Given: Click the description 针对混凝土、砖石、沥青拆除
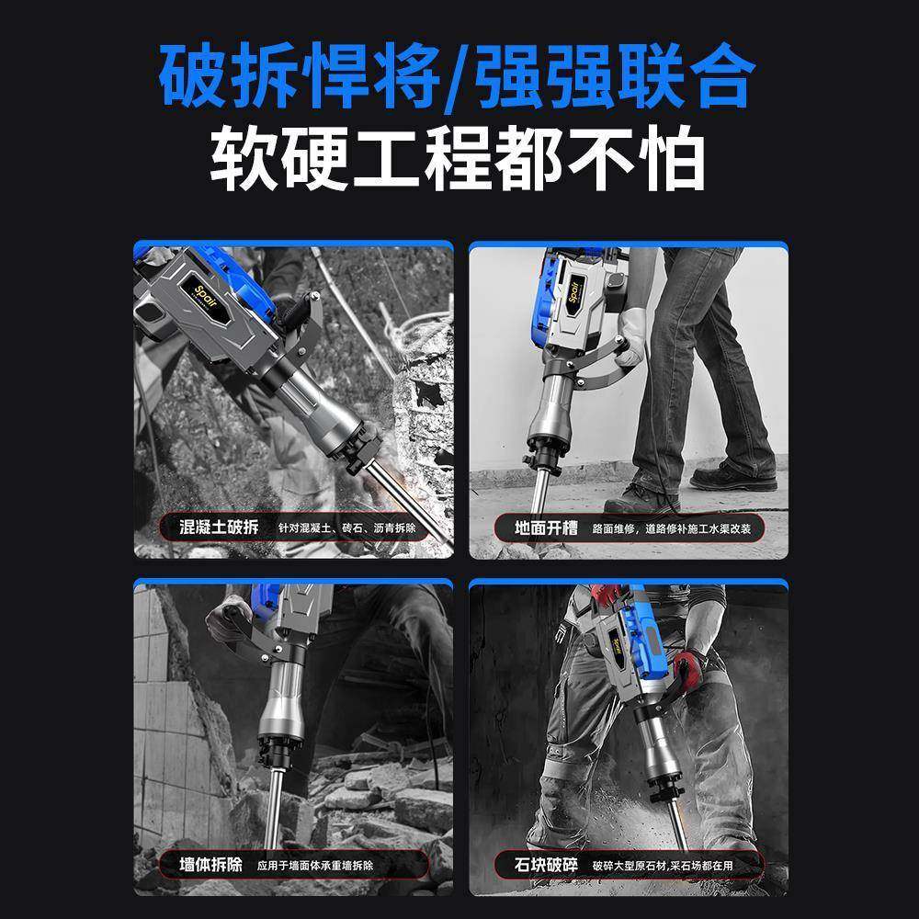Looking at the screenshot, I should click(346, 529).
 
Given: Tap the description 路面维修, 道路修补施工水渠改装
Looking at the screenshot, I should click(673, 529).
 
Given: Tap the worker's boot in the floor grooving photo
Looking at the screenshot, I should click(732, 475).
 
